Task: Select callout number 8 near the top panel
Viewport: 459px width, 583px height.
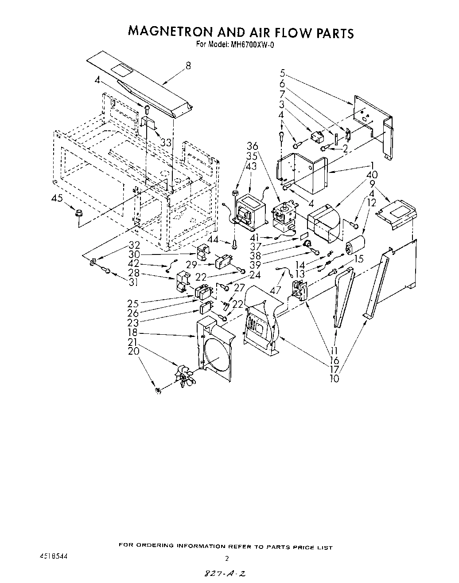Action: click(188, 65)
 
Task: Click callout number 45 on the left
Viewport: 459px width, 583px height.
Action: click(57, 199)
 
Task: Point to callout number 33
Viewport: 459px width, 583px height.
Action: click(166, 143)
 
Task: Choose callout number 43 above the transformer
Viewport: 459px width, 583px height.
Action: click(251, 166)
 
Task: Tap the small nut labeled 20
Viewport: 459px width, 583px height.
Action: click(158, 390)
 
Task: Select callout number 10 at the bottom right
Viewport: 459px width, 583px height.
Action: click(335, 379)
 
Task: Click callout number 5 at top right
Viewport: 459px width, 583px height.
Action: click(282, 73)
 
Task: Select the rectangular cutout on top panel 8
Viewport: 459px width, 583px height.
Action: click(119, 69)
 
